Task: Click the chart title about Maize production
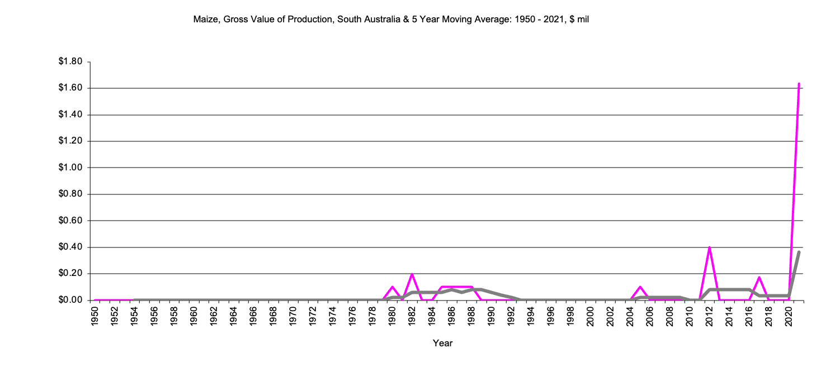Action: [391, 20]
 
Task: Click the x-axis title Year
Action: [442, 343]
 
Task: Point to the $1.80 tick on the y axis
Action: [70, 61]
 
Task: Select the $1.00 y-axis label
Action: [70, 168]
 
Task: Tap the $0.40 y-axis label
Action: [70, 247]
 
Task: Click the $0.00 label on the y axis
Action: [70, 301]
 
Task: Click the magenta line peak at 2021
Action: [799, 84]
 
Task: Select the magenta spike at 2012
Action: [709, 247]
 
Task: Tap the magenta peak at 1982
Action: [412, 274]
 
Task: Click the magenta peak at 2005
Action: [640, 287]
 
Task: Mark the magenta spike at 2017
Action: [759, 278]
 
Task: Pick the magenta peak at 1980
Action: [392, 287]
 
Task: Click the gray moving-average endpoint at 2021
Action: [799, 252]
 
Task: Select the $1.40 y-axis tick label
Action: [70, 115]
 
